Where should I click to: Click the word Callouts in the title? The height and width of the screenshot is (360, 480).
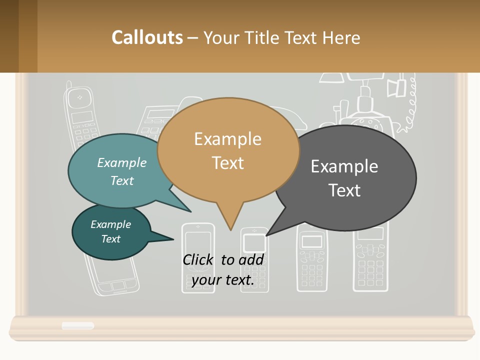[x=147, y=37]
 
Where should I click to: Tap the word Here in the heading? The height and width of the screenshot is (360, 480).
[x=341, y=37]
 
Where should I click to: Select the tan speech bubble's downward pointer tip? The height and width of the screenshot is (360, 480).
[x=230, y=230]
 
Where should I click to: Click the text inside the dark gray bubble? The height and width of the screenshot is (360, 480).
[x=344, y=178]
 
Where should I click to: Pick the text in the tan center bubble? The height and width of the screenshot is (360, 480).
[x=227, y=150]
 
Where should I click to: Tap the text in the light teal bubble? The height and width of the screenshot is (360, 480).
[x=122, y=171]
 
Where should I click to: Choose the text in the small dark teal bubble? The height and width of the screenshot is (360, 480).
[x=110, y=231]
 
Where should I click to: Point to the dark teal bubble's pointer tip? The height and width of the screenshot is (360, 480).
[x=173, y=239]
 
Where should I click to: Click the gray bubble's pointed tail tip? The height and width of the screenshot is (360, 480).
[x=266, y=235]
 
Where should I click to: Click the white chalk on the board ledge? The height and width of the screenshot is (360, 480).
[x=77, y=325]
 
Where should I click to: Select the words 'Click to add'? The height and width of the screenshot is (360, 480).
[x=223, y=259]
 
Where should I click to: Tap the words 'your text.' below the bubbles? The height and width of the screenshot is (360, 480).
[x=223, y=280]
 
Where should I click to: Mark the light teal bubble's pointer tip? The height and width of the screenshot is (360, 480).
[x=191, y=212]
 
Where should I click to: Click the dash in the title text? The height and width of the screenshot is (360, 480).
[x=193, y=38]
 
